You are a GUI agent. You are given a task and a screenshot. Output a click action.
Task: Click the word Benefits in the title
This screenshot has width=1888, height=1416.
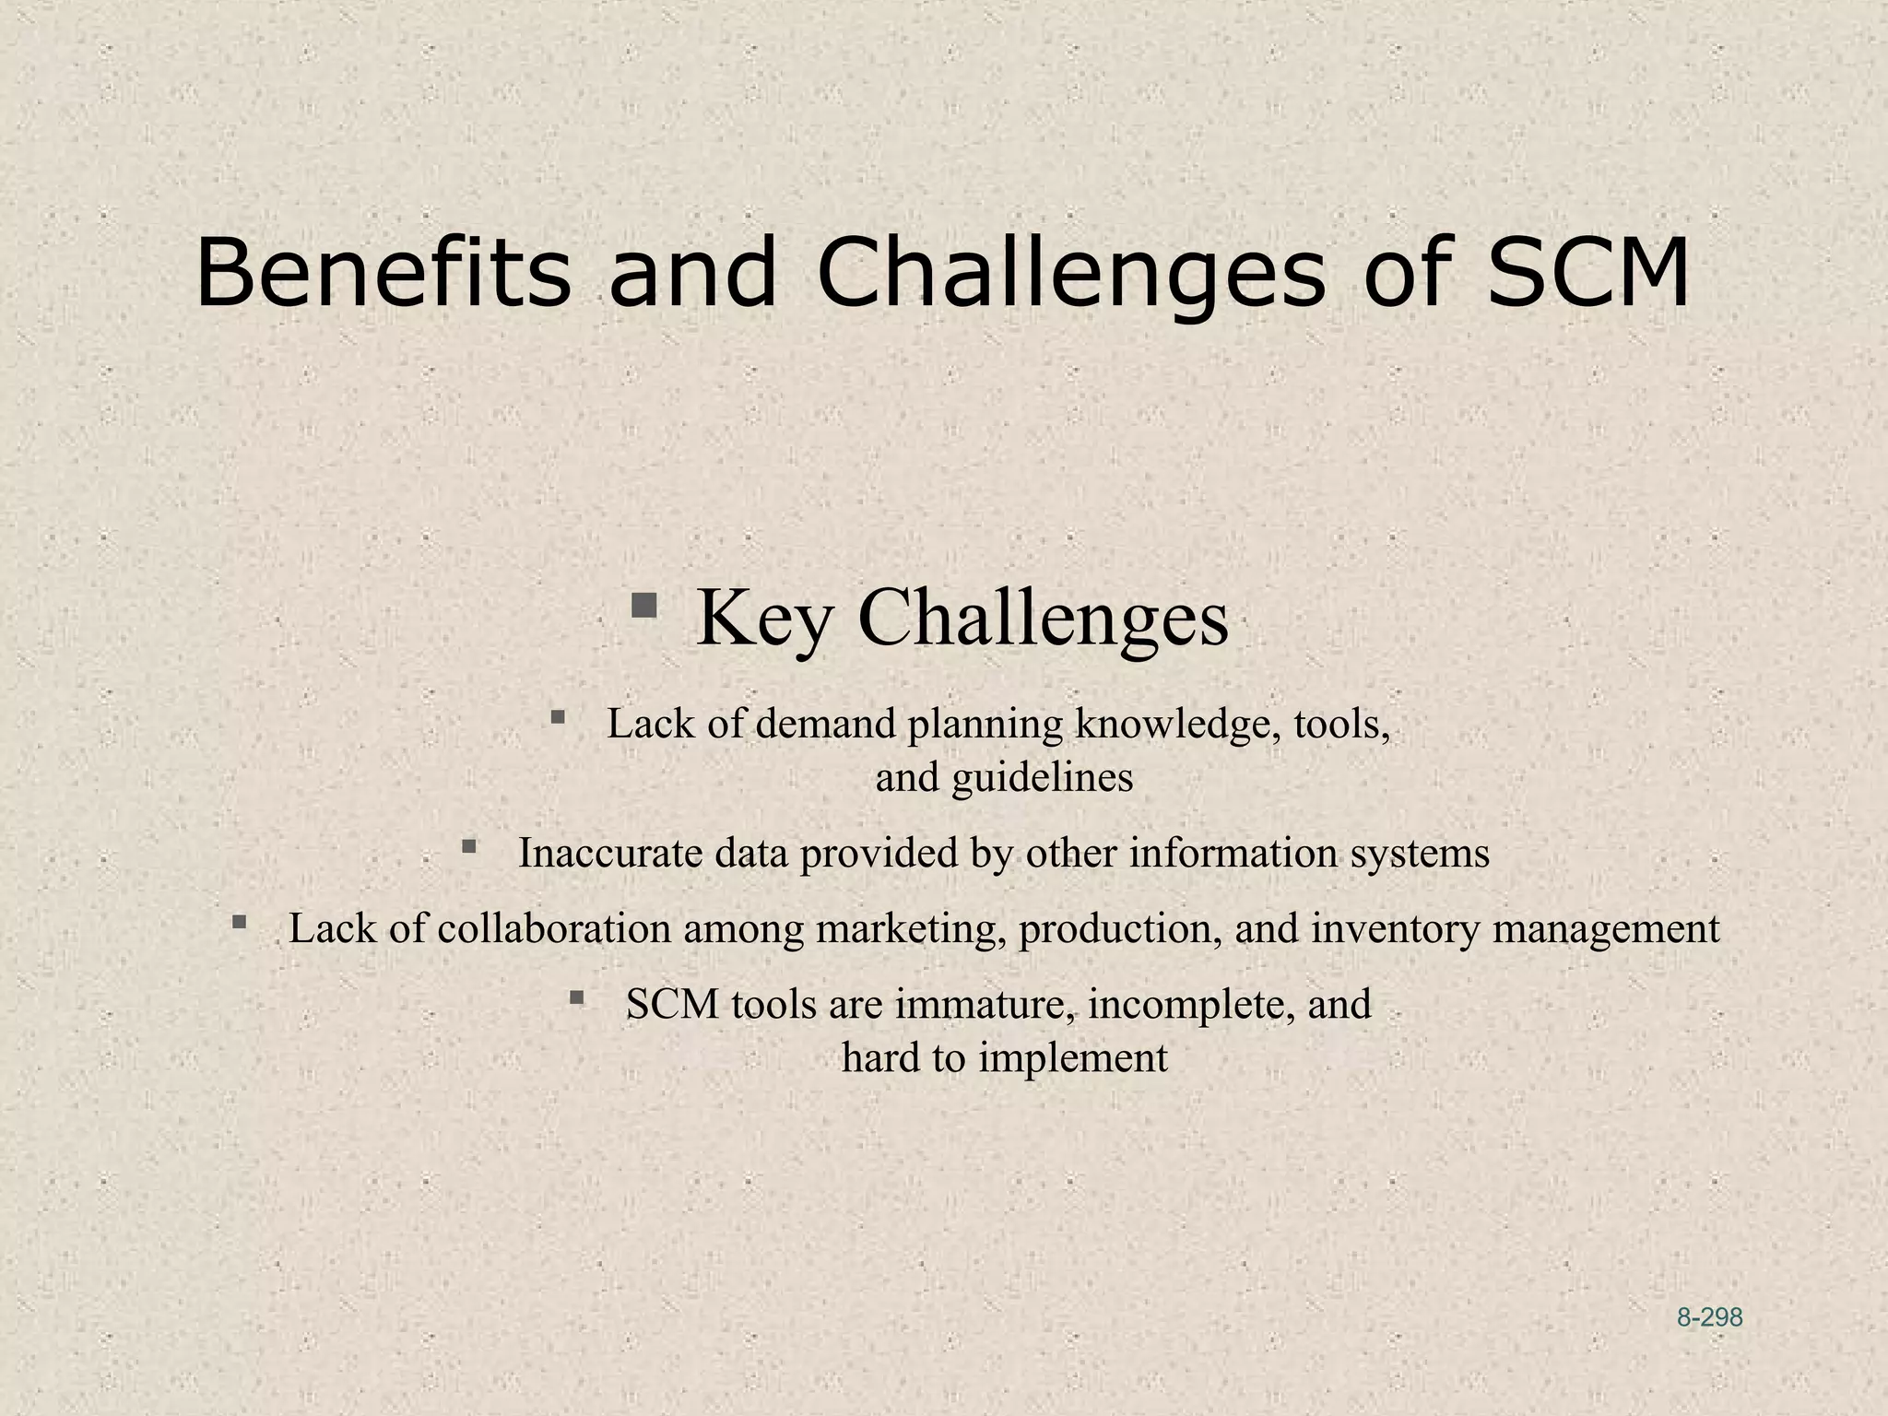pyautogui.click(x=383, y=274)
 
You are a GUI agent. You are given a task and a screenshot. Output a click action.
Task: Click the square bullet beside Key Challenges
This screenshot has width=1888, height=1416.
pyautogui.click(x=643, y=606)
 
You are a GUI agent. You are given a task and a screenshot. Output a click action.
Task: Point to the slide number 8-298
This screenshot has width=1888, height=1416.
pyautogui.click(x=1709, y=1318)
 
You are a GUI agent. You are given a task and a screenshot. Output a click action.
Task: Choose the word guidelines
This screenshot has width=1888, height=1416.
pyautogui.click(x=1042, y=777)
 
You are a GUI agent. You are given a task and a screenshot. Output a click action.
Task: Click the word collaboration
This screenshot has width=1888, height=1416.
pyautogui.click(x=554, y=928)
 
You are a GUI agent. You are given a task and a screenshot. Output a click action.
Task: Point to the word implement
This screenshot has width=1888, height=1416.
pyautogui.click(x=1073, y=1057)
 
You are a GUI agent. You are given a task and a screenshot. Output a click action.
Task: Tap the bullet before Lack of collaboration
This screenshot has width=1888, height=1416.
pyautogui.click(x=240, y=921)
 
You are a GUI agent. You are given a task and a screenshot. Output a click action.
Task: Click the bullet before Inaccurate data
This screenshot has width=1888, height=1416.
pyautogui.click(x=469, y=845)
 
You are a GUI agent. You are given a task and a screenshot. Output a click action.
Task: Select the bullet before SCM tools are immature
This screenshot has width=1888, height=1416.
pyautogui.click(x=577, y=997)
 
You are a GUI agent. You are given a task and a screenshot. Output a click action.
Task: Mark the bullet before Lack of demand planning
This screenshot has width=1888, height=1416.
pyautogui.click(x=557, y=716)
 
